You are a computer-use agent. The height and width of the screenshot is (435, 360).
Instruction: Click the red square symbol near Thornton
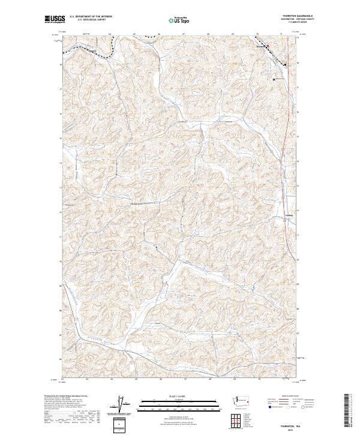(268, 45)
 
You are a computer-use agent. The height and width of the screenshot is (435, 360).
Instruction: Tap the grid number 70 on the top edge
(257, 35)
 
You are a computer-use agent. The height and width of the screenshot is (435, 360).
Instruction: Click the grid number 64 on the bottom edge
(112, 379)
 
